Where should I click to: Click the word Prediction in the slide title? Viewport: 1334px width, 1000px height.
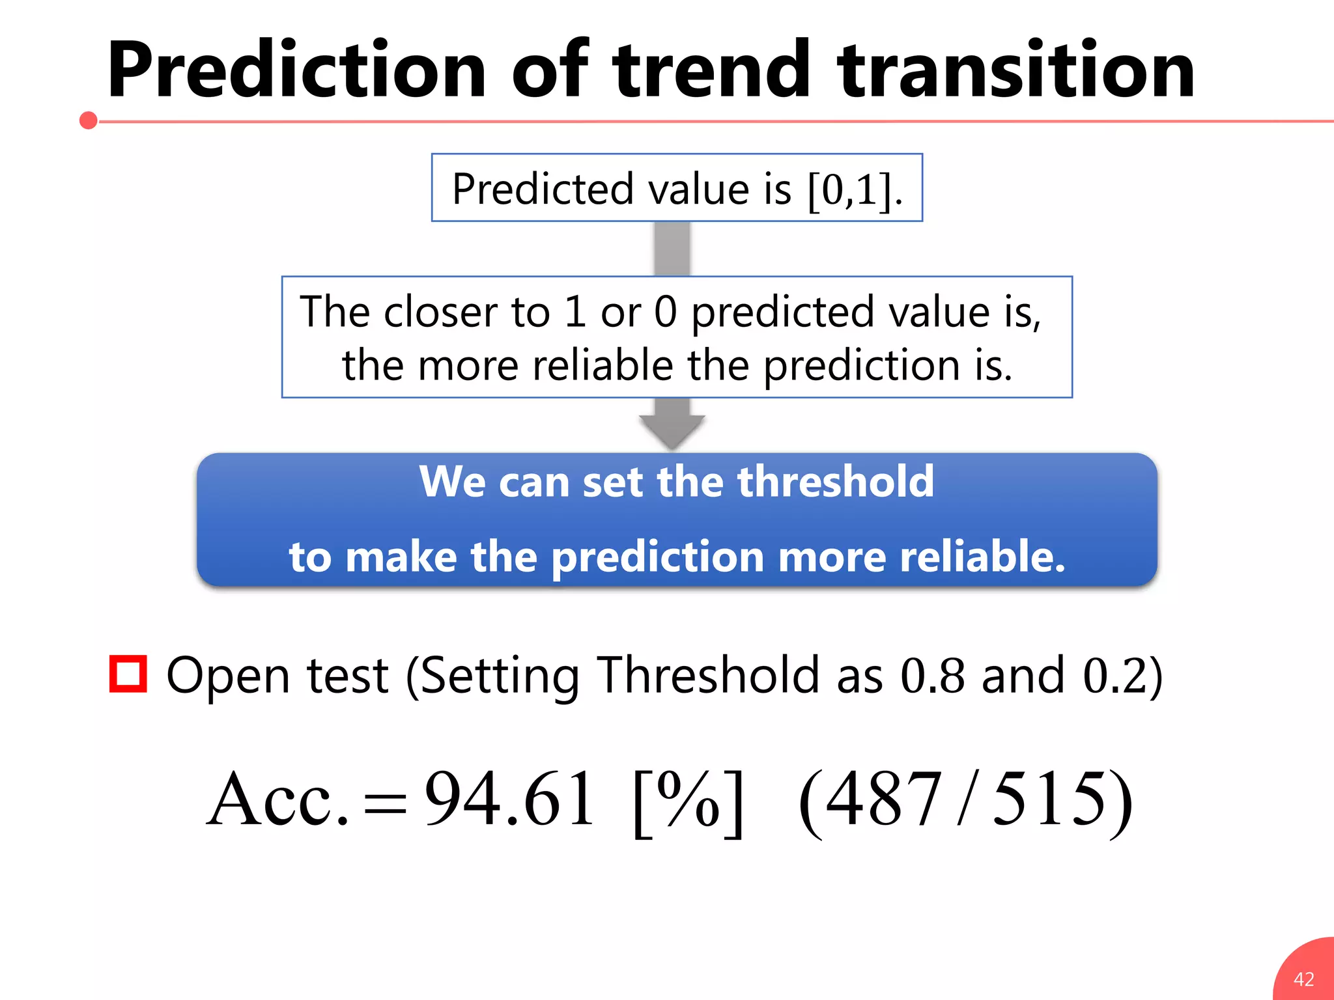pyautogui.click(x=296, y=70)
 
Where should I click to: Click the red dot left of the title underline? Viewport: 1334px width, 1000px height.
pyautogui.click(x=89, y=120)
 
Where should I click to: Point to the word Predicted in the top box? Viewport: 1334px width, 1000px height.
pyautogui.click(x=543, y=189)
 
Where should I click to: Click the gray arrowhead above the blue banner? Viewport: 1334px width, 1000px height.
pyautogui.click(x=672, y=430)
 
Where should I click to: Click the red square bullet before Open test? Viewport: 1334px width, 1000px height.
pyautogui.click(x=128, y=674)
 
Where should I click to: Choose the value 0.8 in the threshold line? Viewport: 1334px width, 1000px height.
pyautogui.click(x=932, y=675)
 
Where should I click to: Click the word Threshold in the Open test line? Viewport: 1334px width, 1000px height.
pyautogui.click(x=707, y=675)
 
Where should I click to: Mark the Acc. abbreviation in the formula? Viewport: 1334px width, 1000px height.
pyautogui.click(x=278, y=799)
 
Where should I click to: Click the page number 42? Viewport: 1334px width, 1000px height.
pyautogui.click(x=1303, y=979)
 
